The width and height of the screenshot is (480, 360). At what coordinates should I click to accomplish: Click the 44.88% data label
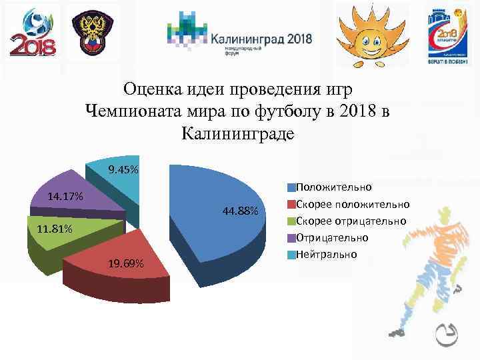click(241, 211)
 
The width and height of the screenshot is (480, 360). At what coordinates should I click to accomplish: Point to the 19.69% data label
click(125, 264)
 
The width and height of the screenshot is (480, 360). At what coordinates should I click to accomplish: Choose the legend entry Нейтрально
click(326, 254)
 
